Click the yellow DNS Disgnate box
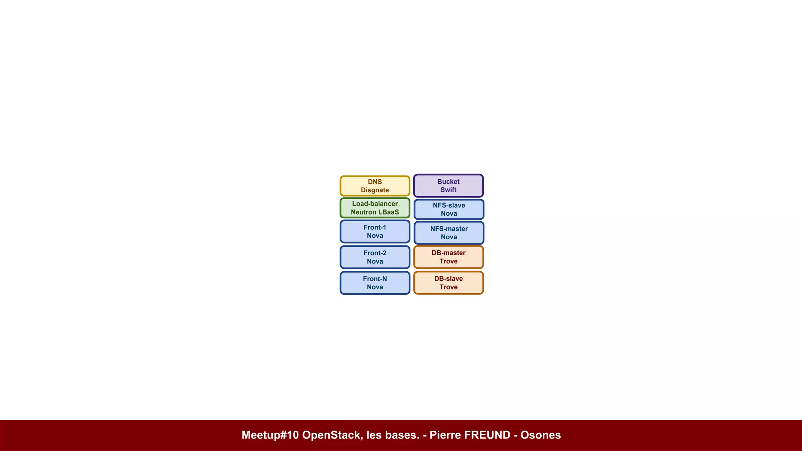coord(375,186)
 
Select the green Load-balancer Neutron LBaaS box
coord(375,208)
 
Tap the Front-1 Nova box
coord(375,231)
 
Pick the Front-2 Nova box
coord(375,257)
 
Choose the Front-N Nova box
coord(375,283)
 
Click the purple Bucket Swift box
coord(448,186)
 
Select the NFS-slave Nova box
coord(449,209)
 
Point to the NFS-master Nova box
coord(449,233)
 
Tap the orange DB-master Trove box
coord(448,257)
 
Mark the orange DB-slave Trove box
coord(448,283)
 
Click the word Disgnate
coord(375,190)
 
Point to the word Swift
coord(448,190)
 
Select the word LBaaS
coord(388,212)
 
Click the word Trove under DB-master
coord(448,261)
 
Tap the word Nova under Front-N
coord(375,287)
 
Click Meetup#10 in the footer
coord(270,435)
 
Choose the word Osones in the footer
coord(540,435)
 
